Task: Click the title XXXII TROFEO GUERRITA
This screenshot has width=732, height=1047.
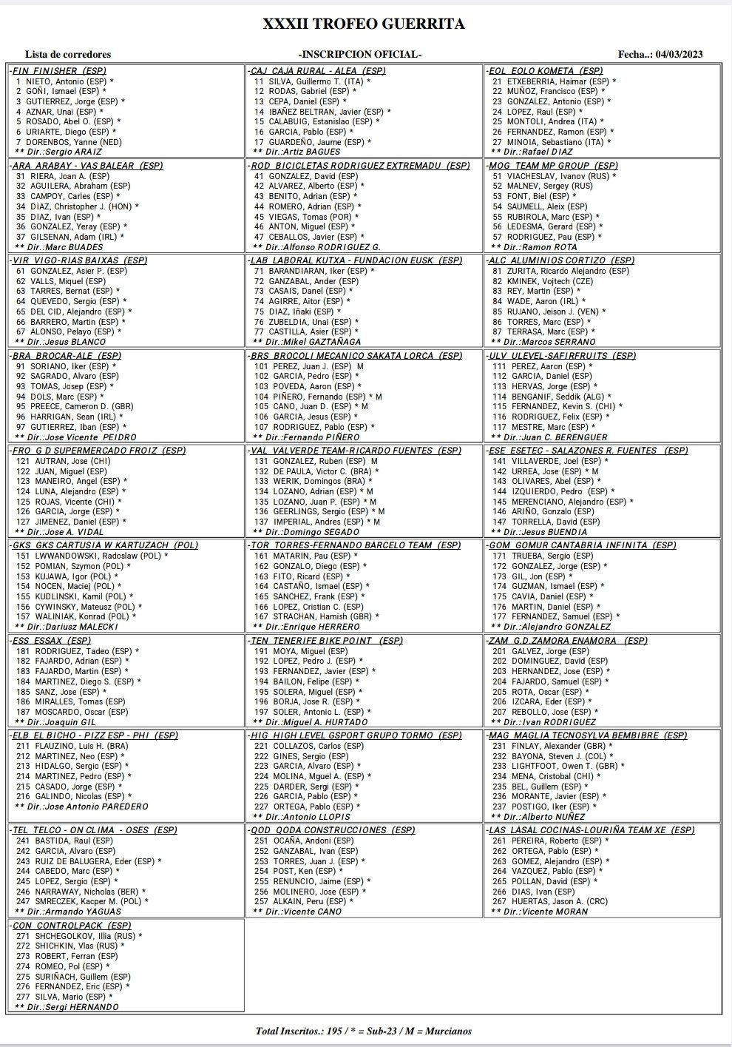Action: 365,24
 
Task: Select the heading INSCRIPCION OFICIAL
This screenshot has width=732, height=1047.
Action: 360,55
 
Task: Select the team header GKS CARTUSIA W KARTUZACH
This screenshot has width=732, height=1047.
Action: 104,545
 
